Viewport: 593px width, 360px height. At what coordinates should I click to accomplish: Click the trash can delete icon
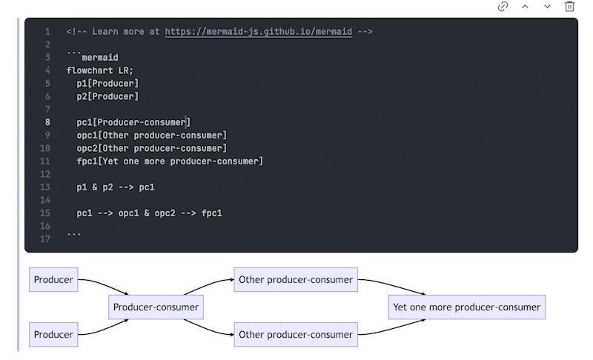pyautogui.click(x=569, y=7)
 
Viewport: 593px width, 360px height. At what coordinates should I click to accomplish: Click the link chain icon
pyautogui.click(x=503, y=7)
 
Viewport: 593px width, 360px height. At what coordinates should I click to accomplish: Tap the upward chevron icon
pyautogui.click(x=526, y=7)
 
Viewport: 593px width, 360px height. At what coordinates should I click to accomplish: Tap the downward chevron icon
pyautogui.click(x=547, y=7)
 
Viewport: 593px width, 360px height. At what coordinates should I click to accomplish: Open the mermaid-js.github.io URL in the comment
pyautogui.click(x=258, y=32)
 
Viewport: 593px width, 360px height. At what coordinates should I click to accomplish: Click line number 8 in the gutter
pyautogui.click(x=47, y=122)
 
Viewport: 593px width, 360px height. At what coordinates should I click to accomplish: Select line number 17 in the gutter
pyautogui.click(x=45, y=239)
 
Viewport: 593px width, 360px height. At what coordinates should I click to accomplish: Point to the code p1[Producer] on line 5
pyautogui.click(x=107, y=84)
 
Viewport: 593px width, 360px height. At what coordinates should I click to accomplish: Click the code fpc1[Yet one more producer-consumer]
pyautogui.click(x=170, y=161)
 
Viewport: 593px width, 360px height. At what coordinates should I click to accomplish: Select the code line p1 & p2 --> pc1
pyautogui.click(x=116, y=187)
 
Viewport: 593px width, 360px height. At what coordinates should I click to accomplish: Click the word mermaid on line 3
pyautogui.click(x=100, y=58)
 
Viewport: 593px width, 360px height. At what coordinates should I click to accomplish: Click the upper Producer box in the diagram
pyautogui.click(x=53, y=279)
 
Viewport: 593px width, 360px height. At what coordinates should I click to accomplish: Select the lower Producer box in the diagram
pyautogui.click(x=53, y=334)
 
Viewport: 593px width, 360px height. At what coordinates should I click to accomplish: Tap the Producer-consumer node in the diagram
pyautogui.click(x=156, y=307)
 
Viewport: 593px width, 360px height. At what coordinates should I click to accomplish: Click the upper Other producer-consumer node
pyautogui.click(x=296, y=279)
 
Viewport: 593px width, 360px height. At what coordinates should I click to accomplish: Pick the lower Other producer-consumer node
pyautogui.click(x=296, y=334)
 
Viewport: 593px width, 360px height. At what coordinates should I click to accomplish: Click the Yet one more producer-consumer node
pyautogui.click(x=467, y=307)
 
